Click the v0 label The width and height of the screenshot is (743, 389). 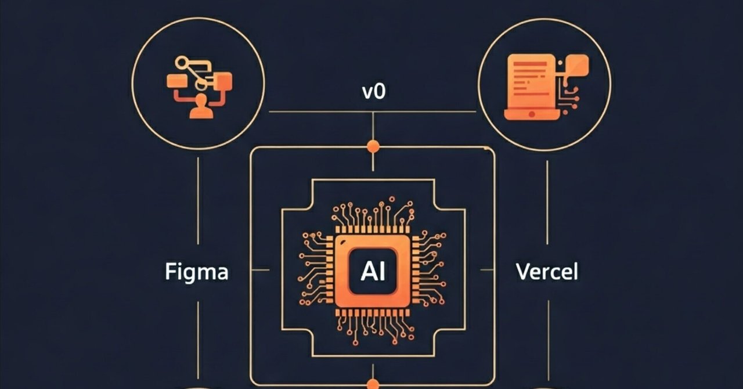point(373,92)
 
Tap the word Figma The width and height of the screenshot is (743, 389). point(197,272)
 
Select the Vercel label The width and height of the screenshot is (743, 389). point(547,272)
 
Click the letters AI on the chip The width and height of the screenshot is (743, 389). point(373,271)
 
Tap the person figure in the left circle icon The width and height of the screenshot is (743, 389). point(201,106)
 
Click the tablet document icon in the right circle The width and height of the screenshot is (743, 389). point(532,87)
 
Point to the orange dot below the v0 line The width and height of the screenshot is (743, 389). point(373,146)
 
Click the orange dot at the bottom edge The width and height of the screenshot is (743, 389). point(373,384)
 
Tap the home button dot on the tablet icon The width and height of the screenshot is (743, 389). point(532,114)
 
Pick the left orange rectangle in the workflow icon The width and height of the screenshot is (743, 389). point(176,81)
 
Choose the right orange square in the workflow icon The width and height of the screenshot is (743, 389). point(222,80)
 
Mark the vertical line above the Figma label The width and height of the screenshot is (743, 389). point(198,203)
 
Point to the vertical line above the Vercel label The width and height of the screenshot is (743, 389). point(547,203)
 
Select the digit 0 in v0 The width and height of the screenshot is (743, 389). point(379,92)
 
